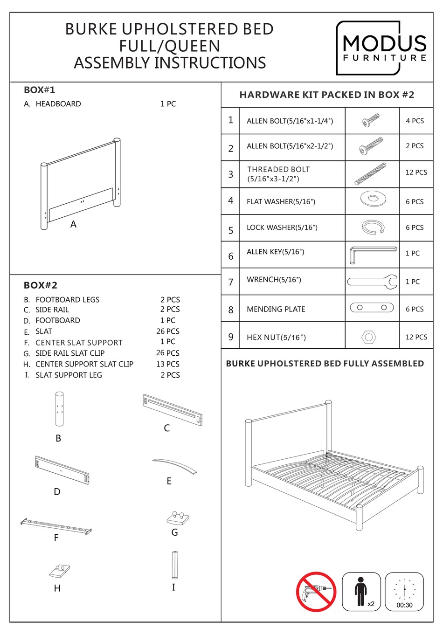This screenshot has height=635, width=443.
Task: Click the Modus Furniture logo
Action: (x=381, y=48)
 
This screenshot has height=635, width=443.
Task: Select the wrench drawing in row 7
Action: (x=372, y=282)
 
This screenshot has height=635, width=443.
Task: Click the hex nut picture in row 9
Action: (x=369, y=336)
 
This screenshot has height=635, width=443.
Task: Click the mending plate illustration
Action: (x=372, y=308)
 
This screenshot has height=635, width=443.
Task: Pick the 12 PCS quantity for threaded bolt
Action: (x=416, y=173)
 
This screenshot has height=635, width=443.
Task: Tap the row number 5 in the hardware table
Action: (x=231, y=230)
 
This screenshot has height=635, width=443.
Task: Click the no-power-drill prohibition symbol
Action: (x=316, y=592)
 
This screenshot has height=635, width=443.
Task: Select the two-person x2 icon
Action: (x=361, y=592)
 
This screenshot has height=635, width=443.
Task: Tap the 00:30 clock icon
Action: (x=404, y=592)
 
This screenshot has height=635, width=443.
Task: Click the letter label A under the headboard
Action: (x=73, y=224)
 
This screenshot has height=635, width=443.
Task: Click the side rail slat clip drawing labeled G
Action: (x=178, y=518)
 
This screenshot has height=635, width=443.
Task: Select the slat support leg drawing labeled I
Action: (x=174, y=565)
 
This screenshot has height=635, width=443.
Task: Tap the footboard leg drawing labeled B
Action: (x=59, y=409)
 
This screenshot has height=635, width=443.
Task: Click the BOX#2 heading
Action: (x=41, y=285)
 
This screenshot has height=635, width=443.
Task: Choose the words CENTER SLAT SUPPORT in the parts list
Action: (x=79, y=343)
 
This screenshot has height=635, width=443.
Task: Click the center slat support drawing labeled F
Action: (x=56, y=525)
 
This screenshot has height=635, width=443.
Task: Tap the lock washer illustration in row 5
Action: (x=373, y=227)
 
